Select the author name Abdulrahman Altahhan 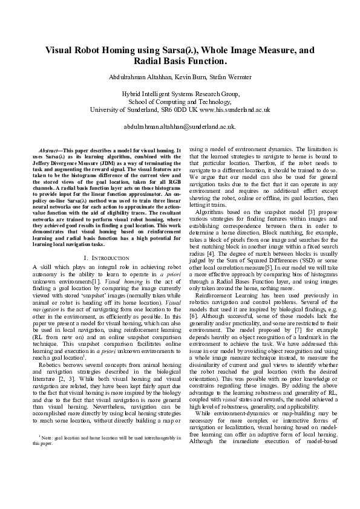pos(140,77)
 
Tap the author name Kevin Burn pos(188,77)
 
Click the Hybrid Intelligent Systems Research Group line pos(180,95)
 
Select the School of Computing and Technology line pos(180,102)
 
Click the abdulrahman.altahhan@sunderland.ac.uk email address pos(180,128)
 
